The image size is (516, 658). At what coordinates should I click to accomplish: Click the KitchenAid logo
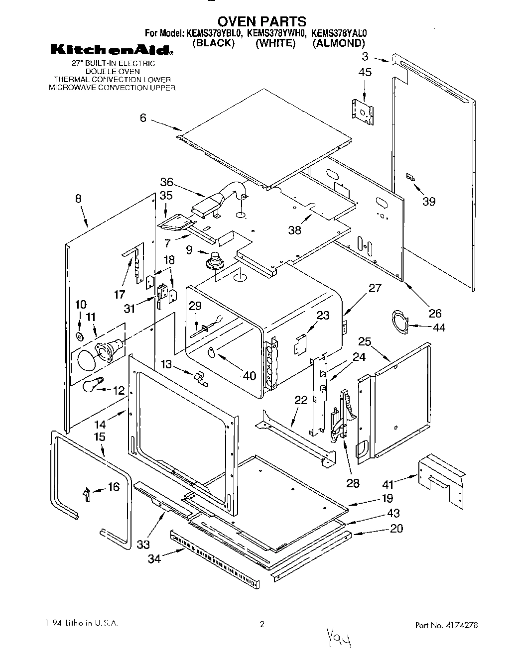112,50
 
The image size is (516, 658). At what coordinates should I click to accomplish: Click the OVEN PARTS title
262,21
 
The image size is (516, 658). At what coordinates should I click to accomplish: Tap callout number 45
365,73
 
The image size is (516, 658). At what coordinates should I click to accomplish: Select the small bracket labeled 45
362,110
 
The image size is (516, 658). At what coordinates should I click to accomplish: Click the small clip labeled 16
86,495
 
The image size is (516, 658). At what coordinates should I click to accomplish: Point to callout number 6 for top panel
143,117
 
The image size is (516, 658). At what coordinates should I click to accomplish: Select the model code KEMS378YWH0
276,33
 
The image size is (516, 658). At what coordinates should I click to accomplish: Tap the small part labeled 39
411,177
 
